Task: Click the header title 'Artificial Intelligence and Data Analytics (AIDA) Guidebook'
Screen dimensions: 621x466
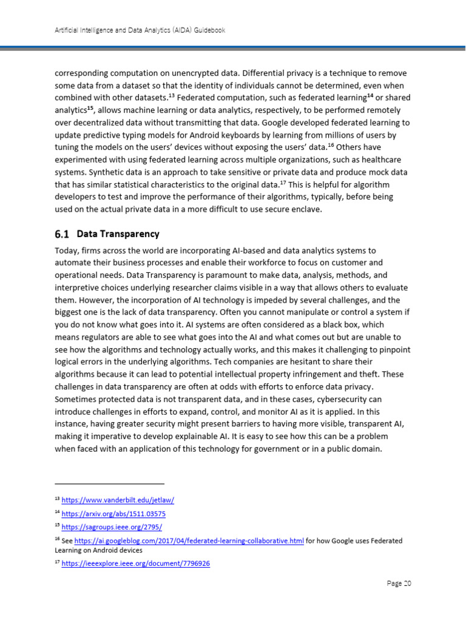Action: [x=136, y=30]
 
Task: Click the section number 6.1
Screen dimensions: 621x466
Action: [x=63, y=233]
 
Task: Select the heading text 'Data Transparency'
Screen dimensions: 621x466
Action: [x=118, y=233]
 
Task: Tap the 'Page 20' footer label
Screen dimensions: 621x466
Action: [x=399, y=583]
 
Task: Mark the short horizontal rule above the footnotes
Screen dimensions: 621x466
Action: [x=109, y=483]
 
